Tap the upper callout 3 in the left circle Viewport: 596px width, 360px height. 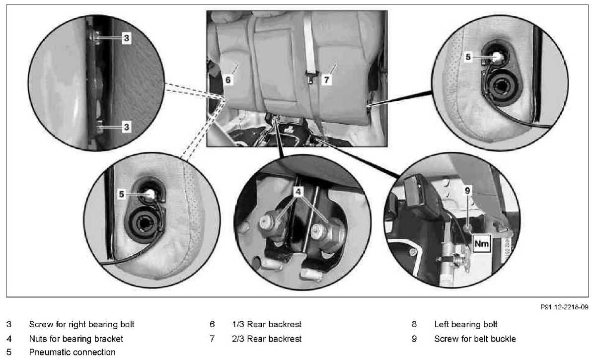(127, 38)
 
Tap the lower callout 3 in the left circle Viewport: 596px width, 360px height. (127, 128)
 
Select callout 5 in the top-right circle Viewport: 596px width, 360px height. (468, 57)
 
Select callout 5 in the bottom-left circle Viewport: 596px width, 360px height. (122, 195)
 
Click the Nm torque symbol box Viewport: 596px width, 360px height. (481, 244)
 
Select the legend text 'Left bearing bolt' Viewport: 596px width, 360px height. (466, 325)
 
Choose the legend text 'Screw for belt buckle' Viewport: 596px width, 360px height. (475, 339)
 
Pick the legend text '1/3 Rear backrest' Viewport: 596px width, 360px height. (267, 325)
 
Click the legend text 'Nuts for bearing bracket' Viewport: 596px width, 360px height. (76, 339)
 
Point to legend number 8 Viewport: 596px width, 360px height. (414, 325)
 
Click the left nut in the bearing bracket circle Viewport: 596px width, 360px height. (271, 221)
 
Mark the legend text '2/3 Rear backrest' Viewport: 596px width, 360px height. (267, 339)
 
